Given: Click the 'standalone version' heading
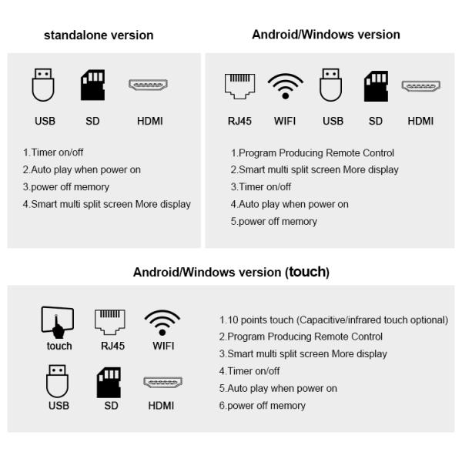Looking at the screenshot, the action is coord(99,35).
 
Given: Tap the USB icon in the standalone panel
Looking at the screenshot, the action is coord(43,85).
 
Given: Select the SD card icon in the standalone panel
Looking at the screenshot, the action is coord(92,85).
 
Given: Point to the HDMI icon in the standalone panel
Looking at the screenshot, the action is coord(148,85).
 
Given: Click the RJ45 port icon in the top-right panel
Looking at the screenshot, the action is coord(239,86).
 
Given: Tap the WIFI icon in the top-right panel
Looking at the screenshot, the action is coord(285,86).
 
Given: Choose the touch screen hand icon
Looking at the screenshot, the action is coord(58,323).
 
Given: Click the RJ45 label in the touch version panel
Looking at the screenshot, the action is coord(112,346).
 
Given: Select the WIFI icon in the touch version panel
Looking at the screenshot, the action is coord(162,323).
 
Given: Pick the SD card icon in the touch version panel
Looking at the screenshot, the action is coord(109,383).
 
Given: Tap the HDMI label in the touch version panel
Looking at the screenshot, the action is coord(161,406).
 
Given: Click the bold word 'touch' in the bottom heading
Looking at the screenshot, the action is coord(307,272).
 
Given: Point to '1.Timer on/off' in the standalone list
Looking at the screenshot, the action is coord(53,152).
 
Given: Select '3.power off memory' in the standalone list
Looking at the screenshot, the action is coord(66,187).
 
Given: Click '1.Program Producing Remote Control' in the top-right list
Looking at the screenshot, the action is coord(313,153).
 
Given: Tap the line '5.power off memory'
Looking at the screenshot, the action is coord(273,221).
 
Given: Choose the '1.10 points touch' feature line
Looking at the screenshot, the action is coord(333,320).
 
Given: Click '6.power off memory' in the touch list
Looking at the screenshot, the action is coord(263,406).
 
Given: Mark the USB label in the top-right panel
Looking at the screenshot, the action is coord(333,121).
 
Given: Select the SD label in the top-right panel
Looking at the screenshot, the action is coord(376,121).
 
